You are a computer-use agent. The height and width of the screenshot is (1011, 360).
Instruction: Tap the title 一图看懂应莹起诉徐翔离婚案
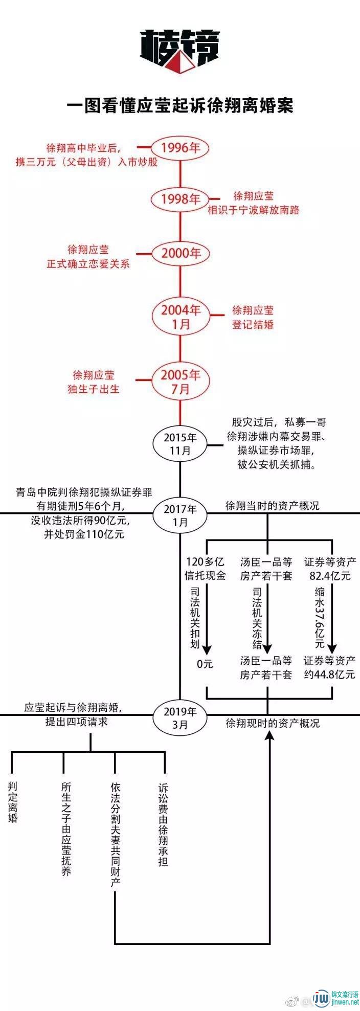[x=180, y=106]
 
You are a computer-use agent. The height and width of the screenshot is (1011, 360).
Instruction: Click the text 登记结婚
[x=253, y=324]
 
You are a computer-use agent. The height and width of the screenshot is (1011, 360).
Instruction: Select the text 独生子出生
[x=94, y=389]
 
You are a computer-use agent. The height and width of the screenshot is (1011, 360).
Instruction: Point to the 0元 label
[x=205, y=664]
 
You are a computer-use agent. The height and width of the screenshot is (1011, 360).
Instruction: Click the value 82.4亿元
[x=330, y=575]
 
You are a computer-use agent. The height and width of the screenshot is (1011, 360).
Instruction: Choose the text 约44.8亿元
[x=329, y=674]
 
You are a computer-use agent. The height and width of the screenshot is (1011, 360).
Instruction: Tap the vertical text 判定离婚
[x=13, y=801]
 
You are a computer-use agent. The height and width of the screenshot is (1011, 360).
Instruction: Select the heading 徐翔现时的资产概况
[x=273, y=723]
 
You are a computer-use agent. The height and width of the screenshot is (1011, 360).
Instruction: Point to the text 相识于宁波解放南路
[x=253, y=210]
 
